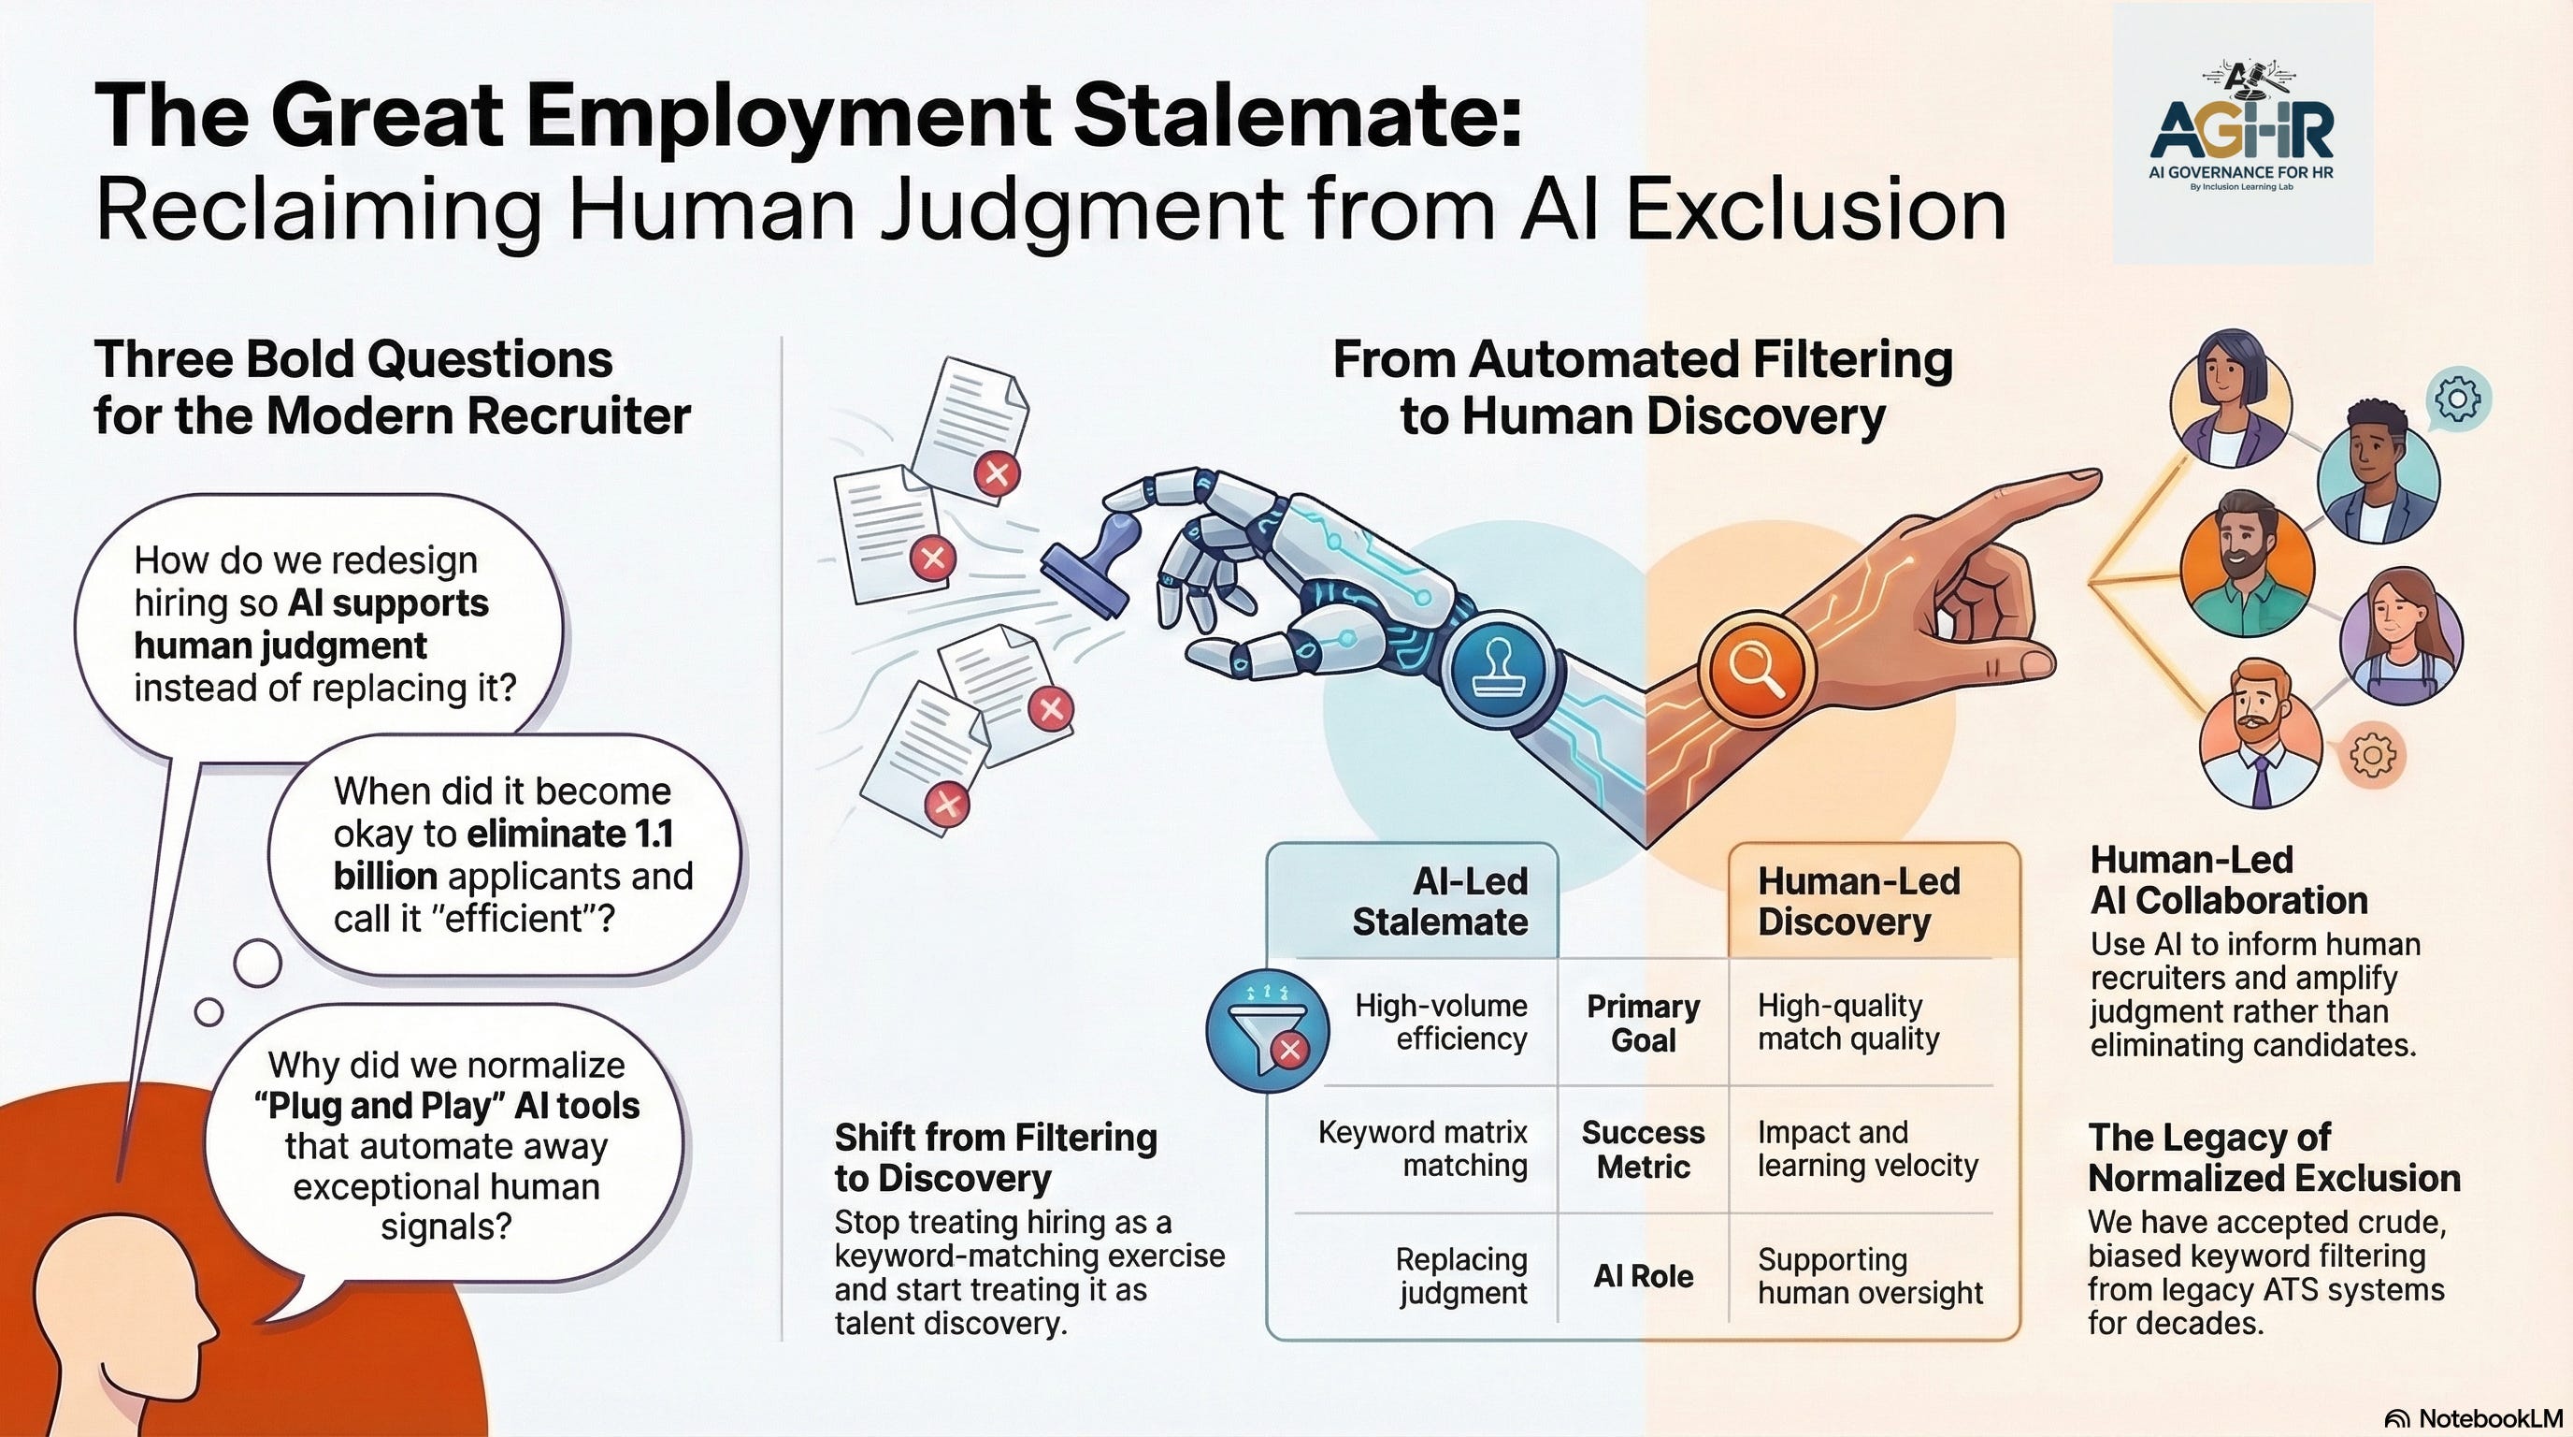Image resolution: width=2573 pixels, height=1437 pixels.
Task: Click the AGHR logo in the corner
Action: (x=2241, y=135)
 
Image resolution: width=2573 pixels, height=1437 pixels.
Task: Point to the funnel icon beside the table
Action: (x=1267, y=1030)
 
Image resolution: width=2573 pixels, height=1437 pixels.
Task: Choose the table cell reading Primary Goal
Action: (x=1643, y=1023)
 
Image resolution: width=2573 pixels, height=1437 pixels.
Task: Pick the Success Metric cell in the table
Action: (x=1643, y=1149)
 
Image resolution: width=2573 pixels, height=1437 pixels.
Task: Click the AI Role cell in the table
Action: (x=1643, y=1276)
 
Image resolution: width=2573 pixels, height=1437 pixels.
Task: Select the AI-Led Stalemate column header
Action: (x=1439, y=900)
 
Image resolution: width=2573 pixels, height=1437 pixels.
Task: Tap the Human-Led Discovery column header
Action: (x=1858, y=900)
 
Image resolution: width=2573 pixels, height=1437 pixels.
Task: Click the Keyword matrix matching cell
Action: (x=1423, y=1148)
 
